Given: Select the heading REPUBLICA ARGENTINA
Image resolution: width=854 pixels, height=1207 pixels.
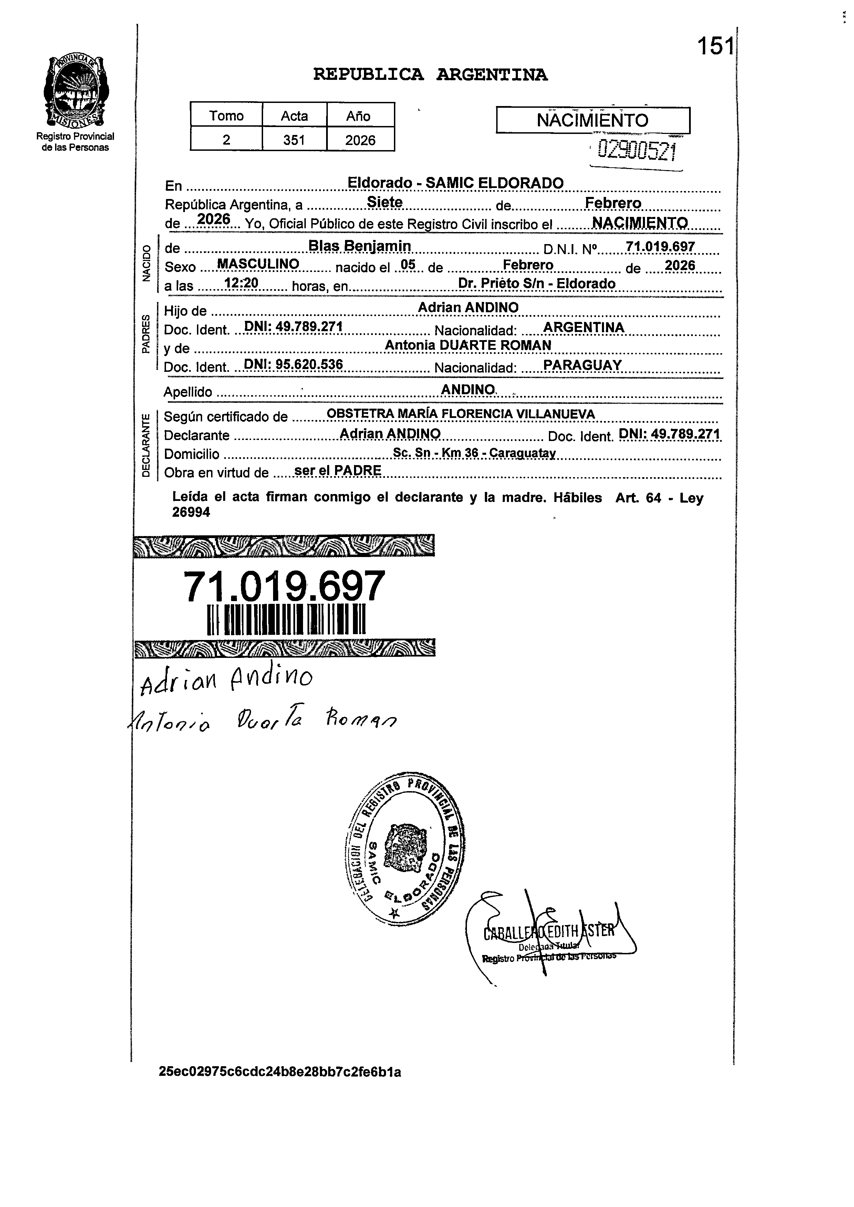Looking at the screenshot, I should click(430, 75).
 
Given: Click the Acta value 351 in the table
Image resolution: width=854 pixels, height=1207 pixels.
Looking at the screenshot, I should click(294, 140).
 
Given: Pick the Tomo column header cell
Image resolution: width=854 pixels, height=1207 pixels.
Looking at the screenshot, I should click(226, 116).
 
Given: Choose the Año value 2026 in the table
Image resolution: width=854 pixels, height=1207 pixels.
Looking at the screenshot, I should click(360, 140).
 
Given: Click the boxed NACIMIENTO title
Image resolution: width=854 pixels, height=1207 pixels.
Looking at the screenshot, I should click(593, 120).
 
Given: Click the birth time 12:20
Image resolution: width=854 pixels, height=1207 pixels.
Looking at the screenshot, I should click(241, 283).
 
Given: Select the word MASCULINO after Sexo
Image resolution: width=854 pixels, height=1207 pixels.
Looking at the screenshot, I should click(258, 264).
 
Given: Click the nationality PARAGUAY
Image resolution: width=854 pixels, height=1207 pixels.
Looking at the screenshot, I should click(582, 365).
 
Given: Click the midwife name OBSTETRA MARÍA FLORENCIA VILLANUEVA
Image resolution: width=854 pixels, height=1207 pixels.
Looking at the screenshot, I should click(461, 414).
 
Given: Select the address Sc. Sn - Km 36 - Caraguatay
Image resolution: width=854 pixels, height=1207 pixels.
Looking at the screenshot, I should click(474, 453).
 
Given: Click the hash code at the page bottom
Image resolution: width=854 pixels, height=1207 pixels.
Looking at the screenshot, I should click(280, 1072).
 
